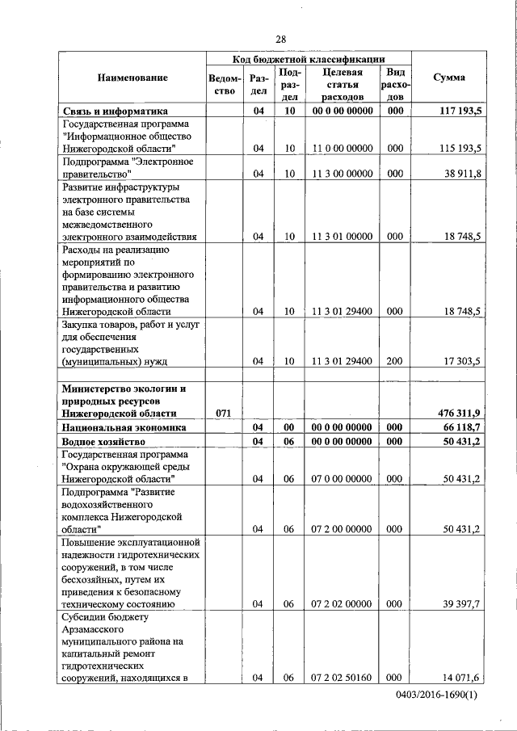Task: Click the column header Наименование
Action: (132, 78)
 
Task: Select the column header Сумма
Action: (448, 78)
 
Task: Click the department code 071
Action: (224, 413)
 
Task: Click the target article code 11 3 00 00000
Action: (342, 174)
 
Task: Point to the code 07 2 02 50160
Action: (342, 677)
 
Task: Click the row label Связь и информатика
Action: (114, 111)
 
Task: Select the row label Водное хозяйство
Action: (104, 442)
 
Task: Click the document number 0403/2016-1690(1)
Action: (437, 695)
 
